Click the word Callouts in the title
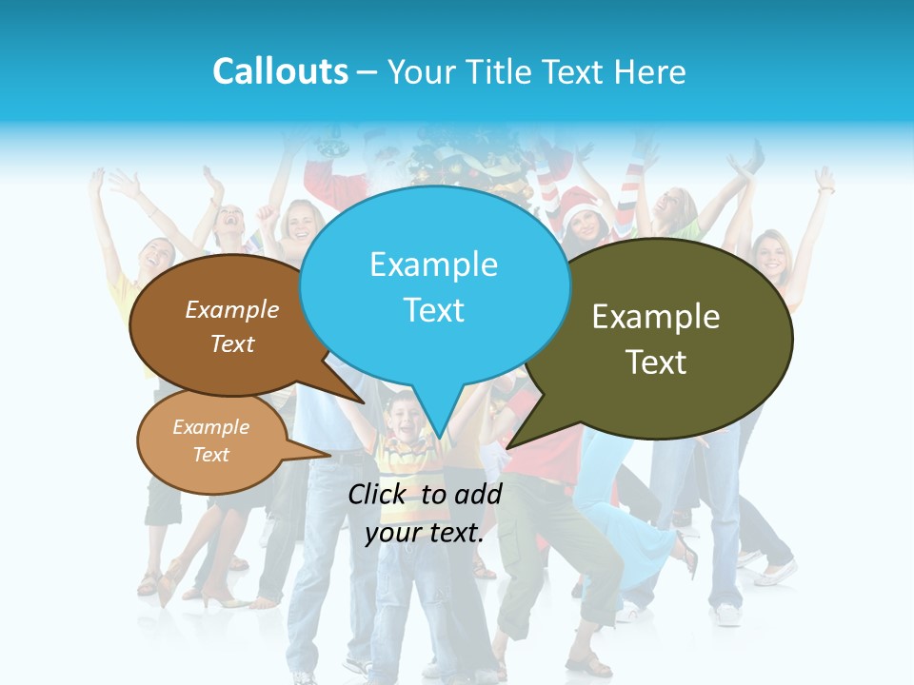click(x=280, y=71)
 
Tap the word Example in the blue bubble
click(x=433, y=264)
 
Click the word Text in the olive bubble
click(x=656, y=362)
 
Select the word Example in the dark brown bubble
click(x=232, y=310)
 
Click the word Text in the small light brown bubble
click(x=210, y=455)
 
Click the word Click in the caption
click(x=380, y=494)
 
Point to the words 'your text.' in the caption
click(x=425, y=533)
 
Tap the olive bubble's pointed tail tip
click(x=507, y=447)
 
